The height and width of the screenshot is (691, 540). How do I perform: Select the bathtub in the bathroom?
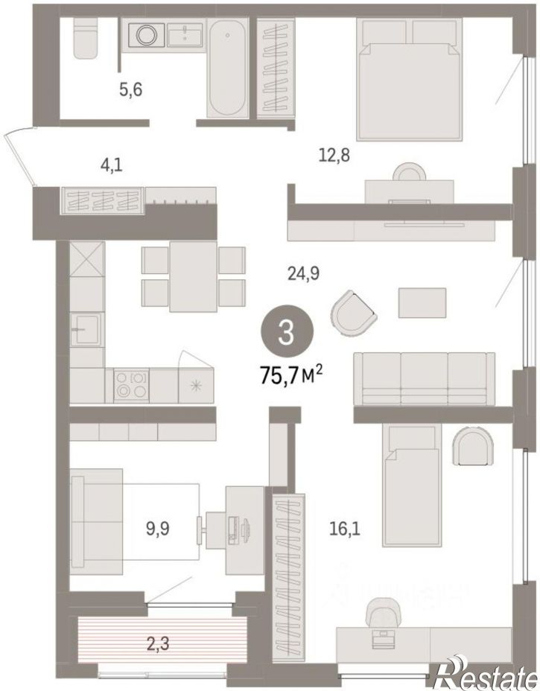click(227, 69)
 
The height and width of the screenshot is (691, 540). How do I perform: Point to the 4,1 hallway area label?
click(111, 166)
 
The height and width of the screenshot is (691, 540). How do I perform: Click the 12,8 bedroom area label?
click(334, 155)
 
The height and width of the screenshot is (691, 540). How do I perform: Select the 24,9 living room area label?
click(303, 274)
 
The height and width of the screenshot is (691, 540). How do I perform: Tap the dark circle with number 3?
click(287, 333)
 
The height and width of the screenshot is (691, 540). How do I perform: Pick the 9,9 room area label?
click(158, 527)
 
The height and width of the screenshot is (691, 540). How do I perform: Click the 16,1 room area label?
click(345, 527)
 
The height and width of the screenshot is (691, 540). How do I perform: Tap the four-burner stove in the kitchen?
click(131, 385)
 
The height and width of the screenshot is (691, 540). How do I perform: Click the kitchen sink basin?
click(86, 328)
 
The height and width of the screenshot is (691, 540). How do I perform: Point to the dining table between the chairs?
click(193, 276)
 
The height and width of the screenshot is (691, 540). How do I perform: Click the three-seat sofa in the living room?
click(424, 378)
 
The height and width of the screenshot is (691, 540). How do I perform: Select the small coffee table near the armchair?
click(422, 302)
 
